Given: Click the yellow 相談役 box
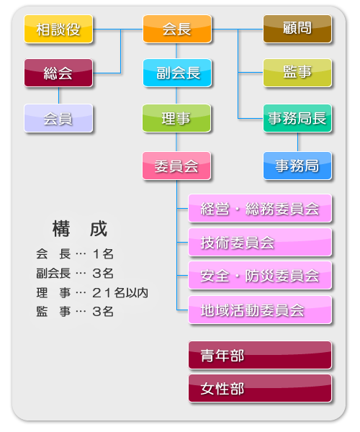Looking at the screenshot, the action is [58, 29].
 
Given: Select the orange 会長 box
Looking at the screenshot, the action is [177, 29].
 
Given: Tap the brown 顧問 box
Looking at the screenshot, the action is [297, 29].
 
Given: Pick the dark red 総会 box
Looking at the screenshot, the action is [58, 73].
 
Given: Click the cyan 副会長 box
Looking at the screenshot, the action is [177, 73].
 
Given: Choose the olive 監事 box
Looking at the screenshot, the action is [297, 73].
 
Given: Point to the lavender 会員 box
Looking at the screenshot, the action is [58, 118].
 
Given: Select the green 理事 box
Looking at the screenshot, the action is [176, 118].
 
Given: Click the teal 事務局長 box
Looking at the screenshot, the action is [297, 118].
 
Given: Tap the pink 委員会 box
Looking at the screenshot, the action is [176, 166].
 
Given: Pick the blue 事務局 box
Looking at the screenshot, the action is [297, 166].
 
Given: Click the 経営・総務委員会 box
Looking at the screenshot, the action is [260, 208].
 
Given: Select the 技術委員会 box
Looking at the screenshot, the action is [260, 242].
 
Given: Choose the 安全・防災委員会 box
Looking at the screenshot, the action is [260, 276].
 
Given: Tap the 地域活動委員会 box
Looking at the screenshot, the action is [260, 310].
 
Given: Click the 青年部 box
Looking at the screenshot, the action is [260, 355].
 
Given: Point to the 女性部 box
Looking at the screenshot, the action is [260, 388].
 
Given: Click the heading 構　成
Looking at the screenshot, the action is [80, 229].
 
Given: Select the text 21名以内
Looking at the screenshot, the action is [120, 292].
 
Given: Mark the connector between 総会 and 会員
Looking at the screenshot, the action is [58, 96].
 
